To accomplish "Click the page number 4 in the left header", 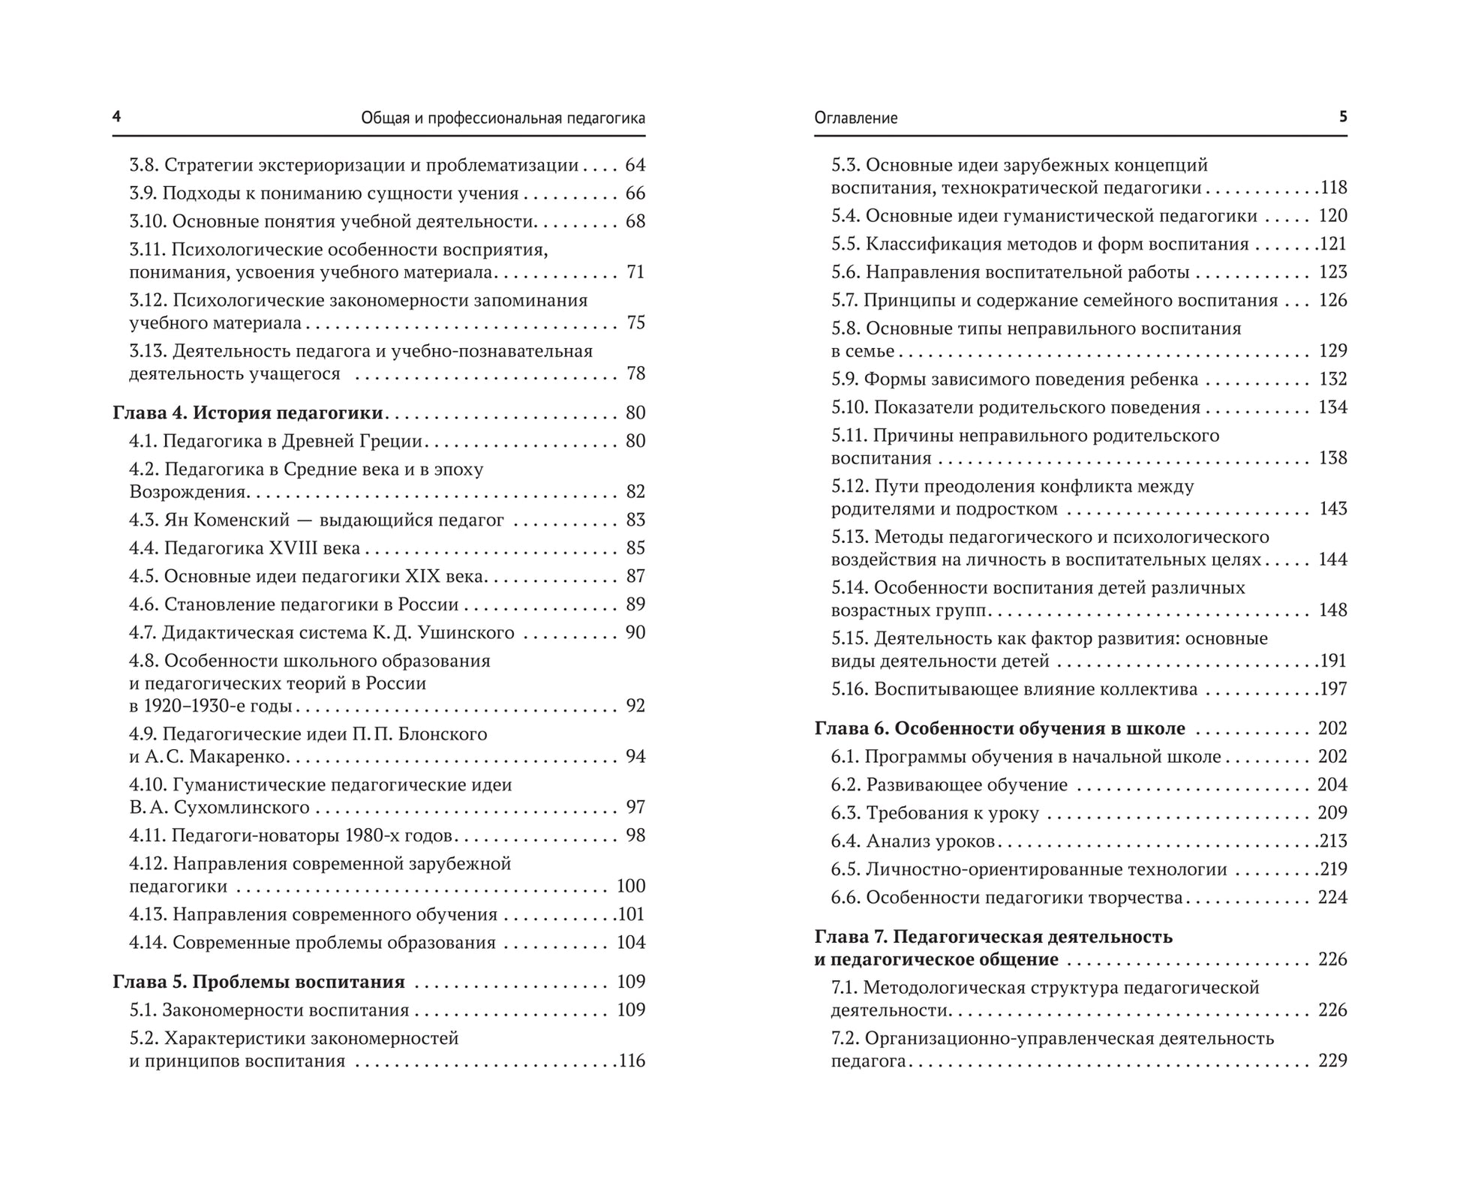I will [116, 117].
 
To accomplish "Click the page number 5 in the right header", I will [1343, 117].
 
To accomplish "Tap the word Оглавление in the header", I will [856, 118].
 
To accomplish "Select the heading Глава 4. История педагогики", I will [248, 413].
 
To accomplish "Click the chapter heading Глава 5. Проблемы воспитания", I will [259, 982].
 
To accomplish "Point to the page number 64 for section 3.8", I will [635, 166].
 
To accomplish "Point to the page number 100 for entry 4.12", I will [631, 886].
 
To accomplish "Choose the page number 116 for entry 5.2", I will [631, 1061].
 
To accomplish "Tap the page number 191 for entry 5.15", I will [1334, 661].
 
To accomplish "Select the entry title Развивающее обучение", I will [966, 785].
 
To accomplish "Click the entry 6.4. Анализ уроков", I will [912, 841].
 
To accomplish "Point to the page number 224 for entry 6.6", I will [1332, 898].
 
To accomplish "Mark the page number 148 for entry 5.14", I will [1332, 610].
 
